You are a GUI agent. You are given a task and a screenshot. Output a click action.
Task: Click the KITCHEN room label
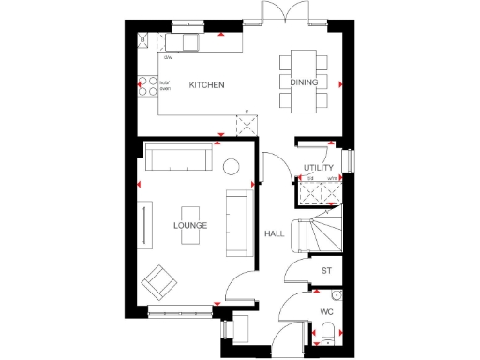click(x=206, y=85)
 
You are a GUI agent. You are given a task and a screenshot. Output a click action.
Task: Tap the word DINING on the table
click(x=304, y=83)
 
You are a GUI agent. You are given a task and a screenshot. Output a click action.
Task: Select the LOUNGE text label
click(x=190, y=226)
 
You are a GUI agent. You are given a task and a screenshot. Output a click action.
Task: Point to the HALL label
click(x=274, y=234)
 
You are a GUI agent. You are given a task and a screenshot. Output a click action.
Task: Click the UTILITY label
click(x=319, y=167)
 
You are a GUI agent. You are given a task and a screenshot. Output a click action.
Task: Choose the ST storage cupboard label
click(x=326, y=271)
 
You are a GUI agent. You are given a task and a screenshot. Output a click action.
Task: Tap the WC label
click(x=326, y=310)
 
